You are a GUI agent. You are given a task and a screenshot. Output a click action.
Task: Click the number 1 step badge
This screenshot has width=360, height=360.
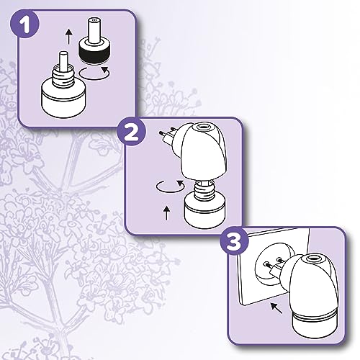coord(24,24)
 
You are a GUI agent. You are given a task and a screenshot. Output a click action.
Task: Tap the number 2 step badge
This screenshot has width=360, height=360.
coord(132,131)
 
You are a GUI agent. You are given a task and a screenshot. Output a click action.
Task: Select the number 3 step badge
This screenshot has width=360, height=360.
coord(235,240)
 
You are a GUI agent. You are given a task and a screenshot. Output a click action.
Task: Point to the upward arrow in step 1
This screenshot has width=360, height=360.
coord(69,37)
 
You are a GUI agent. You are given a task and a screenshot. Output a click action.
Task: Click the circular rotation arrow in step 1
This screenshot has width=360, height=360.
coord(94,73)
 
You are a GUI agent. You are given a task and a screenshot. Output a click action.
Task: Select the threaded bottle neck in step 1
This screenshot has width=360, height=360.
coord(63,76)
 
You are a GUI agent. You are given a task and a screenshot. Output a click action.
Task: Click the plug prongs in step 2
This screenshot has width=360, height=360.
coord(166,133)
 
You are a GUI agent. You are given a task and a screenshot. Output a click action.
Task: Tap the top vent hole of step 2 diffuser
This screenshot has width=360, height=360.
coord(201,126)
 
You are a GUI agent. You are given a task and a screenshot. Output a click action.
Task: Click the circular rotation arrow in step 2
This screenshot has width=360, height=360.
coord(171,186)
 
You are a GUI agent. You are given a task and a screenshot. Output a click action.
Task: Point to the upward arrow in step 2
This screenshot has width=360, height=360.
coord(167,213)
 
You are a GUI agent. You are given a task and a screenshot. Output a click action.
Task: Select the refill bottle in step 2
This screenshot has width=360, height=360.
coord(204,205)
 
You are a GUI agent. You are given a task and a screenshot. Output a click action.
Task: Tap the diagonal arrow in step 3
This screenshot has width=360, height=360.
coord(276,308)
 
